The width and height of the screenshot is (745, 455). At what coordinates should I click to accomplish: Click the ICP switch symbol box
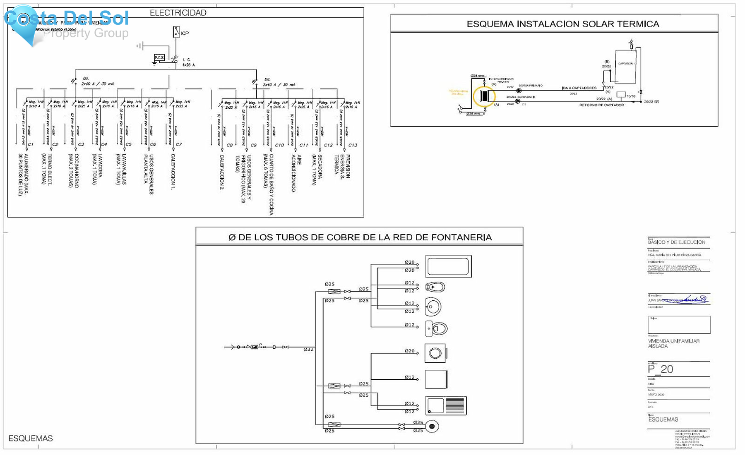pyautogui.click(x=176, y=32)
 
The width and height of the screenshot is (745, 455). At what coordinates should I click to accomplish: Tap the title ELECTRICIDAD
pyautogui.click(x=178, y=13)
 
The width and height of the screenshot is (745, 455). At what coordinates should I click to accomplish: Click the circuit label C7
pyautogui.click(x=179, y=144)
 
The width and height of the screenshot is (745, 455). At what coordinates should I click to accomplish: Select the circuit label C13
pyautogui.click(x=353, y=145)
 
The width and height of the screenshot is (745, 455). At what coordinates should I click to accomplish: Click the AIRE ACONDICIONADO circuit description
pyautogui.click(x=296, y=173)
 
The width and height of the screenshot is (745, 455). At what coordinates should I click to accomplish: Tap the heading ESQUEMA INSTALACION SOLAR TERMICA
pyautogui.click(x=563, y=24)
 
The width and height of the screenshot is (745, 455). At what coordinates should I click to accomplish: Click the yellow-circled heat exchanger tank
pyautogui.click(x=484, y=96)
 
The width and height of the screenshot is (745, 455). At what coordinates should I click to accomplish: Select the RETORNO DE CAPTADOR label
pyautogui.click(x=601, y=105)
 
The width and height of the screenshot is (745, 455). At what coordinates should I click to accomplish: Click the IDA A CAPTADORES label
pyautogui.click(x=579, y=88)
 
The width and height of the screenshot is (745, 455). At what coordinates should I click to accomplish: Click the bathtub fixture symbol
pyautogui.click(x=448, y=266)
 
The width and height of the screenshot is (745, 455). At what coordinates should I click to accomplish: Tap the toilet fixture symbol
pyautogui.click(x=437, y=329)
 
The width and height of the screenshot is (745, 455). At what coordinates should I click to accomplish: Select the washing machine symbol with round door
pyautogui.click(x=435, y=353)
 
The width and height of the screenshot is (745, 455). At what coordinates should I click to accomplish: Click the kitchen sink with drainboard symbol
pyautogui.click(x=446, y=405)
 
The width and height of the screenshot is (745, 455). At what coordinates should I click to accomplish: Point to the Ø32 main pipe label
pyautogui.click(x=308, y=350)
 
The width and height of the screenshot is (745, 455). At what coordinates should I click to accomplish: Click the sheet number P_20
pyautogui.click(x=661, y=369)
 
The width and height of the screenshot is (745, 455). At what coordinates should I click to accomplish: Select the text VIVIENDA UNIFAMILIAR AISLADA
pyautogui.click(x=673, y=343)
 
